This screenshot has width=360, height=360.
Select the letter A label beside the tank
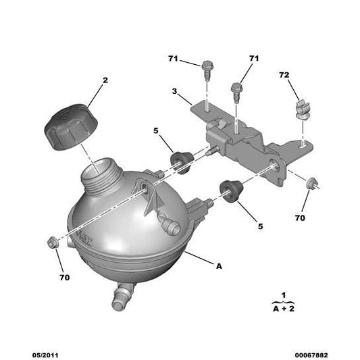218,267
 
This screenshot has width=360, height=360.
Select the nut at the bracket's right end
312,182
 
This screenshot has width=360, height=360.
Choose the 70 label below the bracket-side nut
300,217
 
